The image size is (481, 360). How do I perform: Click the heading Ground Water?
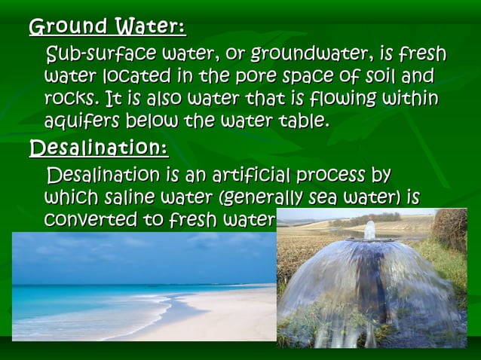[107, 28]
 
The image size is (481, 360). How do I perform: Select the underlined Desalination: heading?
[98, 147]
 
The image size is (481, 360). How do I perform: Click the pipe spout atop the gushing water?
[369, 230]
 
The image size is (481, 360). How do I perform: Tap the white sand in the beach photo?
[219, 316]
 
